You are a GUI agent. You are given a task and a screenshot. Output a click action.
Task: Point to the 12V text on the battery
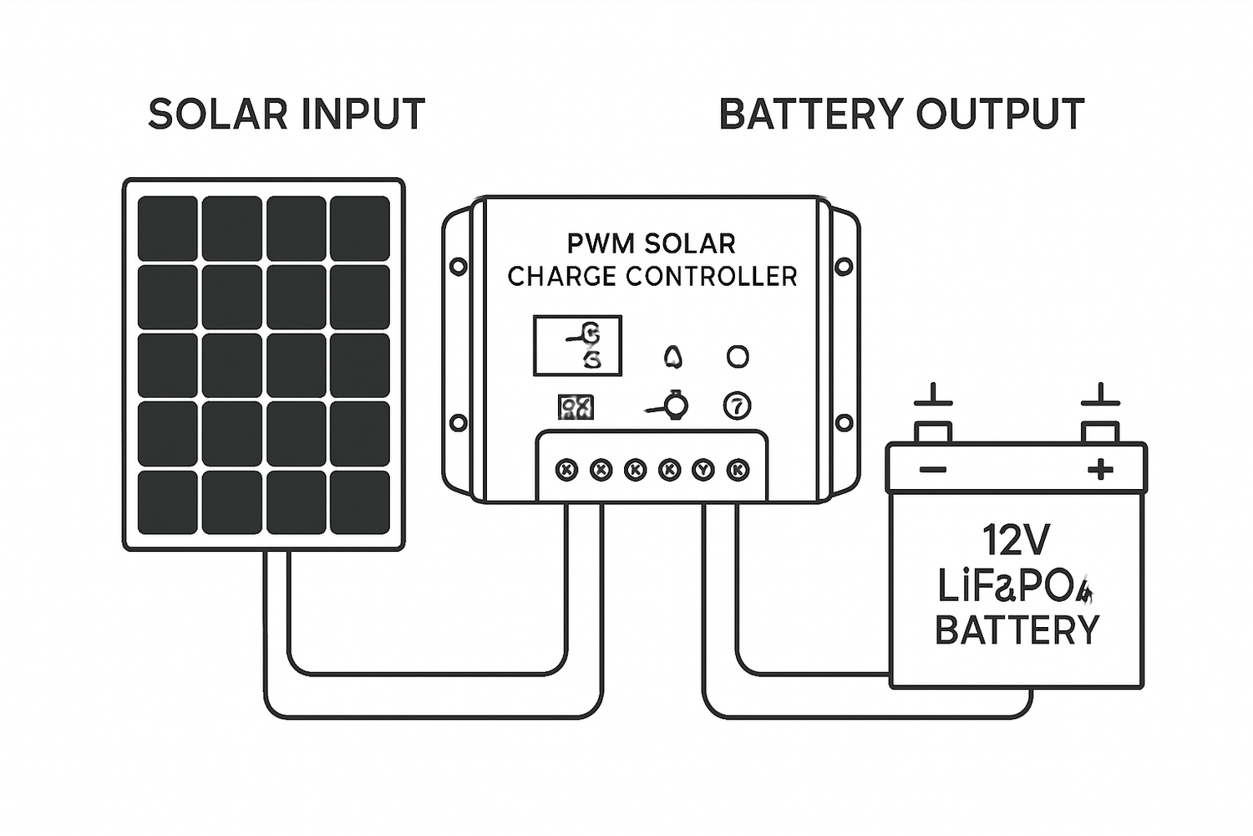pos(1016,540)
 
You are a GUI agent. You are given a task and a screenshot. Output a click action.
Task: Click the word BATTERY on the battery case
pos(1017,630)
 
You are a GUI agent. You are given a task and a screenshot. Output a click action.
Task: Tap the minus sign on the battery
pos(933,470)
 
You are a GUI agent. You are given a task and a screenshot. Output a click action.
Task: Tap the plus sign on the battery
pos(1100,470)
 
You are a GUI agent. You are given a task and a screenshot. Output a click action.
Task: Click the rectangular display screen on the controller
pos(577,345)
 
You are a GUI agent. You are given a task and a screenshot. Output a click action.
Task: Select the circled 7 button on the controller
pos(737,406)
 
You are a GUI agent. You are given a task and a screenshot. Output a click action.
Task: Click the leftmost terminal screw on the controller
pos(566,470)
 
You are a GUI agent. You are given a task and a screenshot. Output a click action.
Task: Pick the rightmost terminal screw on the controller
pos(738,470)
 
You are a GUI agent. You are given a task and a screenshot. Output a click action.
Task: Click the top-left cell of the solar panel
pos(168,228)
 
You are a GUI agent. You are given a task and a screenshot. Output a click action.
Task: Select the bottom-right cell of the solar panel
pos(360,502)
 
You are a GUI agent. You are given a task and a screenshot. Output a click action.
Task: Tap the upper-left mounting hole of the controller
pos(458,267)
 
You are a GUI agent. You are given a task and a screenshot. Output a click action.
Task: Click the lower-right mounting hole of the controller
pos(845,422)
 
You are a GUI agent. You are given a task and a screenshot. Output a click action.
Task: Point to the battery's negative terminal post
pos(933,431)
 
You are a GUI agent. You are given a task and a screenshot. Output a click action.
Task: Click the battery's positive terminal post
pos(1100,431)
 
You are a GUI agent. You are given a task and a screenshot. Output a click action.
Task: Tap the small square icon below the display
pos(576,407)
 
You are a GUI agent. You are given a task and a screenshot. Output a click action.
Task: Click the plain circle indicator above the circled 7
pos(738,357)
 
